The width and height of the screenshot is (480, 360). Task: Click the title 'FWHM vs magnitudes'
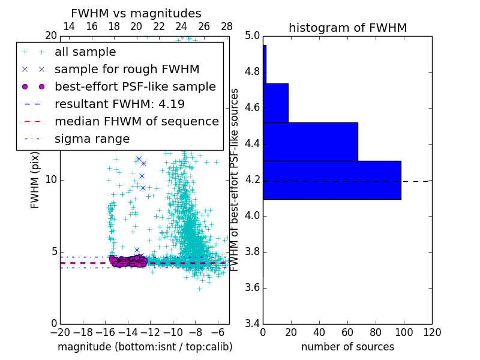(x=136, y=14)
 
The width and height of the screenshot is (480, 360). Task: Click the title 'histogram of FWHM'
(x=347, y=28)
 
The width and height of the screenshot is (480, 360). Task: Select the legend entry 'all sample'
(x=85, y=52)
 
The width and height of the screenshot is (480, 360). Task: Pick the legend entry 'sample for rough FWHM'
(x=127, y=69)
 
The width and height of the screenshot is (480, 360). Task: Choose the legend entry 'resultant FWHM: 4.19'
(x=119, y=104)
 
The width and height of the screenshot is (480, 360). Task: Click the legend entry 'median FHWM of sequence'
(x=136, y=121)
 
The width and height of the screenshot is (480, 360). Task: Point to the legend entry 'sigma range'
(x=92, y=139)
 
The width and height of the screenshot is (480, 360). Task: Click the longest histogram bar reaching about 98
(x=332, y=179)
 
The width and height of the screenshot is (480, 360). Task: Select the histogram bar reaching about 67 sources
(x=310, y=142)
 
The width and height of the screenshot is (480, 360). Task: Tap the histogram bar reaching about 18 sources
(x=275, y=103)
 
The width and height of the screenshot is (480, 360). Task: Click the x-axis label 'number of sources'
(x=347, y=347)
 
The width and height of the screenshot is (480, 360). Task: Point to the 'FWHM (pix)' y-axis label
(x=35, y=179)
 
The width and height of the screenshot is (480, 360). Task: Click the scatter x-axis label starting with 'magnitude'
(x=145, y=347)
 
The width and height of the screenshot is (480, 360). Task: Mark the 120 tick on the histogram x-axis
(x=432, y=332)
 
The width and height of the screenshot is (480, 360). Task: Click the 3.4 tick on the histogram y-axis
(x=251, y=323)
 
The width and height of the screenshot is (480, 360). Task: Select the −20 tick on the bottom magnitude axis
(x=60, y=332)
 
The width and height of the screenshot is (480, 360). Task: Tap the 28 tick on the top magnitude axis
(x=227, y=26)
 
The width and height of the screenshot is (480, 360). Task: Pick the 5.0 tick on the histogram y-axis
(x=251, y=36)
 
